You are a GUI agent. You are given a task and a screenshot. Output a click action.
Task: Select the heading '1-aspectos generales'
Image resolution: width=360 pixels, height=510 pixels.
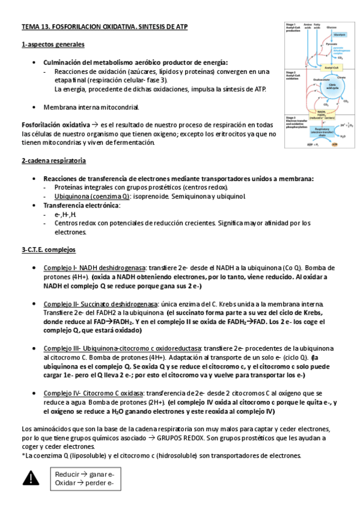53,45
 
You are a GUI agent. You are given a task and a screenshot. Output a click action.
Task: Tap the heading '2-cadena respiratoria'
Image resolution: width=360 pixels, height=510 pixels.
53,161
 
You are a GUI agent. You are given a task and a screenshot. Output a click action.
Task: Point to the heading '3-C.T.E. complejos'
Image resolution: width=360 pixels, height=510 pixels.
49,250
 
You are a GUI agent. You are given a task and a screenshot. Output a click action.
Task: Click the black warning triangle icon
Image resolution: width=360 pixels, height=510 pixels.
30,478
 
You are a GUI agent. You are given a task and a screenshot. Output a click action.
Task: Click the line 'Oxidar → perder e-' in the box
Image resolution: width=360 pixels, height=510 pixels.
84,483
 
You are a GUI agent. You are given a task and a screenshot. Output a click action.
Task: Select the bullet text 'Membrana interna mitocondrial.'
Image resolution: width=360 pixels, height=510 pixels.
91,107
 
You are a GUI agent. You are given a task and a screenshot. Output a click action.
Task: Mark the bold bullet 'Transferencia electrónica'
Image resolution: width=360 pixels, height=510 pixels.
81,205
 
